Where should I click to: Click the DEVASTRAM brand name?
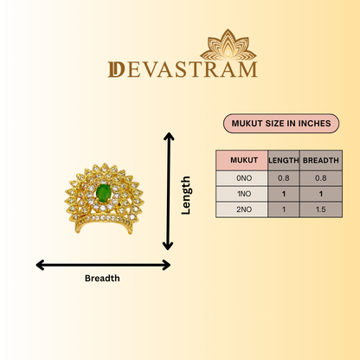[x=183, y=69]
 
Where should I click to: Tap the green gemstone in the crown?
[x=103, y=193]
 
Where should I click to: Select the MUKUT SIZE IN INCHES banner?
[x=281, y=124]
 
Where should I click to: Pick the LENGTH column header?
[x=284, y=160]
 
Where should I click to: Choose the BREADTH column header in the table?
[x=321, y=160]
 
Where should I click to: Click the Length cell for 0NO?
[x=284, y=178]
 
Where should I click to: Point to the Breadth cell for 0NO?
[x=321, y=178]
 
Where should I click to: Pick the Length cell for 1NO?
[x=284, y=194]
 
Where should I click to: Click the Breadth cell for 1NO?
[x=321, y=194]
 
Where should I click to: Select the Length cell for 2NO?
[x=284, y=209]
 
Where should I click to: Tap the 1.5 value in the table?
[x=321, y=209]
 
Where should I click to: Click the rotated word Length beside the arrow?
[x=186, y=196]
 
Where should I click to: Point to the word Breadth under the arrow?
[x=102, y=279]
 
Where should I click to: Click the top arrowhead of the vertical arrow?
[x=169, y=136]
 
